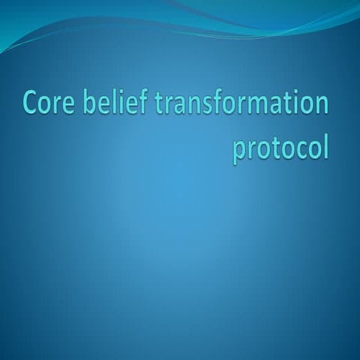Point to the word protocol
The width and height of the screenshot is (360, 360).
click(280, 147)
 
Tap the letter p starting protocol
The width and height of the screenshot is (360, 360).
click(241, 150)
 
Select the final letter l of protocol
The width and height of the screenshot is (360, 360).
click(326, 144)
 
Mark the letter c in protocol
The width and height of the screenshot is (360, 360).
click(298, 148)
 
